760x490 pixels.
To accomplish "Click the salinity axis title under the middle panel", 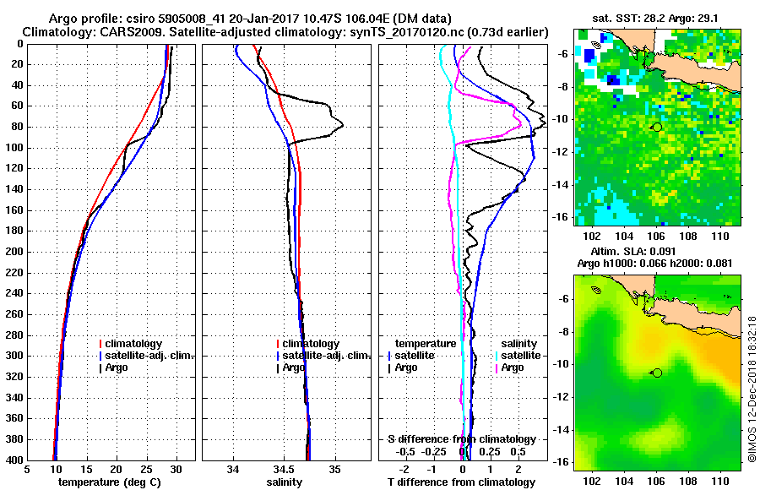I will (285, 482).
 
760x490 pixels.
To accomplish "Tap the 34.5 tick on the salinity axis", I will (285, 469).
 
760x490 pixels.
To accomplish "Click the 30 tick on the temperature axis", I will (176, 469).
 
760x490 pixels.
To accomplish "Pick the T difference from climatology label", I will (462, 482).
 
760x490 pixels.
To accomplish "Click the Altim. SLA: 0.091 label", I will (635, 252).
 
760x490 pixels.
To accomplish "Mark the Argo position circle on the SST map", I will (657, 127).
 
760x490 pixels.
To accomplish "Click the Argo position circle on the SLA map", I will (657, 372).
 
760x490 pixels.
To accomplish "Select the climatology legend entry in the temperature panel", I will (138, 344).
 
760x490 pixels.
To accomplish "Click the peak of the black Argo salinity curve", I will (342, 125).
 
